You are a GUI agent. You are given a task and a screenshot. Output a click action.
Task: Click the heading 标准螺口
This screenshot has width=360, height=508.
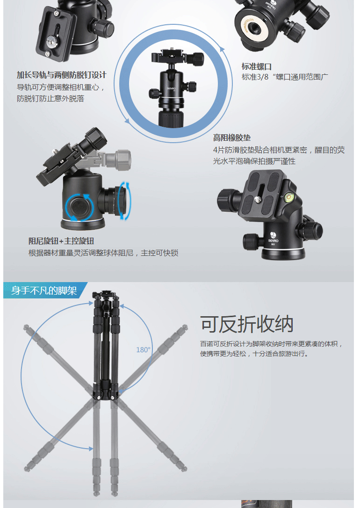coord(256,67)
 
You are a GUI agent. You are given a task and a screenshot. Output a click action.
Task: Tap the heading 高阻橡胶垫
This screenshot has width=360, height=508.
coord(232,138)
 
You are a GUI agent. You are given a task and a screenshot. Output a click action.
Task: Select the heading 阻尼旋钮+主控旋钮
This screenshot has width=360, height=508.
coord(61,241)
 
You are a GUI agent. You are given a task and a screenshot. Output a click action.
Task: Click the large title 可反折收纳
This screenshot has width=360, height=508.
coord(247,324)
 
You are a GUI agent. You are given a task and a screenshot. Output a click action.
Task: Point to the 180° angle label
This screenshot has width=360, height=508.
coord(143,350)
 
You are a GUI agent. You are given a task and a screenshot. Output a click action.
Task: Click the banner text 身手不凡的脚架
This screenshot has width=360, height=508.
coord(44,290)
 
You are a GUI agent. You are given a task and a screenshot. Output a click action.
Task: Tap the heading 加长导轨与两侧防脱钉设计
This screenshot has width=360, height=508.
coord(62,75)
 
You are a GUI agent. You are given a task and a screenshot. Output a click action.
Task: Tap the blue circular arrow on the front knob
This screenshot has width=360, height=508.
coord(79,208)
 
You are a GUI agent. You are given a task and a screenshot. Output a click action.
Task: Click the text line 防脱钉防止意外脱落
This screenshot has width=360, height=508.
coord(50,99)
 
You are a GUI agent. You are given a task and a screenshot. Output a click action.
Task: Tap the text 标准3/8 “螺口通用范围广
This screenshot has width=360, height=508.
coord(285,77)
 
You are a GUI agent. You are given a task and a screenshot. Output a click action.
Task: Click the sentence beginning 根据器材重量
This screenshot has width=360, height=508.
coord(103,253)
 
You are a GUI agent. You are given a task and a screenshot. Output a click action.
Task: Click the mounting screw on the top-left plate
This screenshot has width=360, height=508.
coord(51,41)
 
